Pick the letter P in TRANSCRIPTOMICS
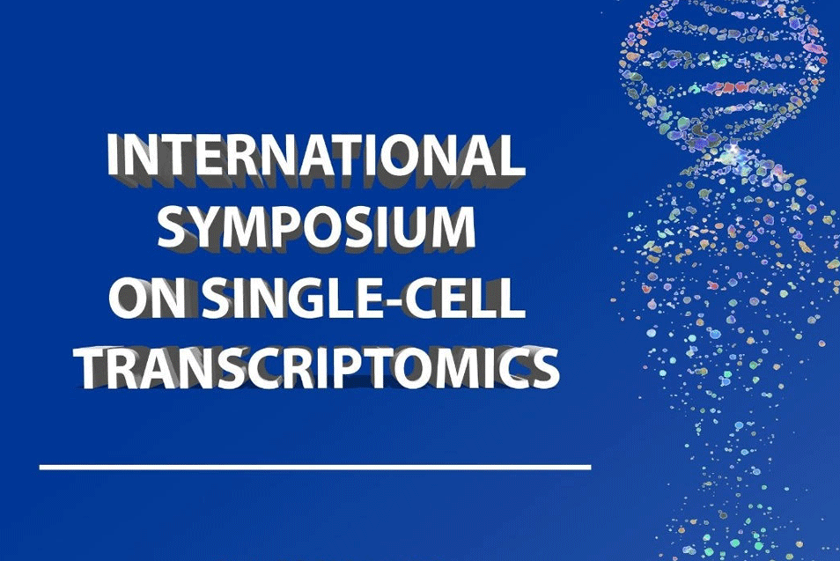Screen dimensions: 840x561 (x=346, y=369)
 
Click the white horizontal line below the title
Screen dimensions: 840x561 (x=315, y=468)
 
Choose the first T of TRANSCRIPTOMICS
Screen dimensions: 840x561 (x=98, y=369)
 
